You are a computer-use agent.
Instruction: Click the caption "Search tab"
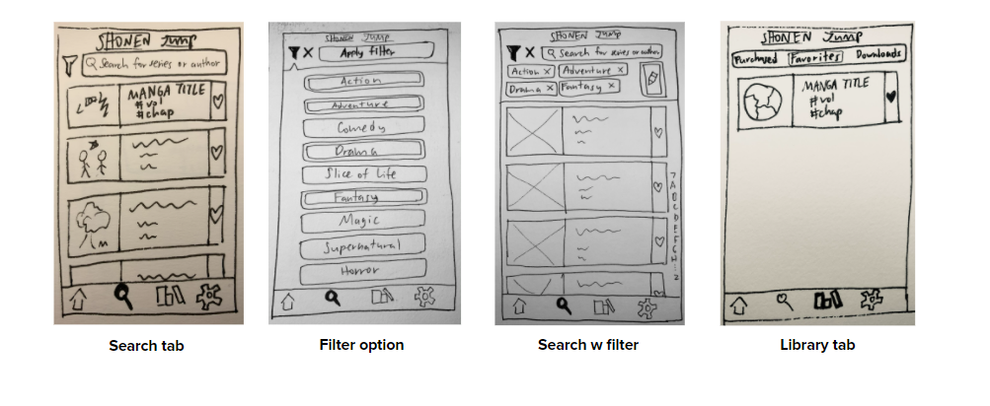click(x=146, y=345)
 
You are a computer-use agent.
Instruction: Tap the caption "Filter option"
click(x=361, y=345)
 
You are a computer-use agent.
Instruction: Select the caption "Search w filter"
click(x=589, y=345)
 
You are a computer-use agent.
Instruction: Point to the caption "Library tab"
click(x=815, y=345)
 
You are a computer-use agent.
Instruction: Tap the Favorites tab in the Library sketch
click(x=816, y=59)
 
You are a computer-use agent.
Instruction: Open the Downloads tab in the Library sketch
click(x=877, y=56)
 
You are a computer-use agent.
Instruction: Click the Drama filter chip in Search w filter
click(x=531, y=89)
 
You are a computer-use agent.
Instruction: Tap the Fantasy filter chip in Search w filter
click(x=588, y=88)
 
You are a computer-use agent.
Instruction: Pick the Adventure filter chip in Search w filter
click(x=593, y=70)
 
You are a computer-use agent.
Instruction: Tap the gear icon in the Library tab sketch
click(x=871, y=301)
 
